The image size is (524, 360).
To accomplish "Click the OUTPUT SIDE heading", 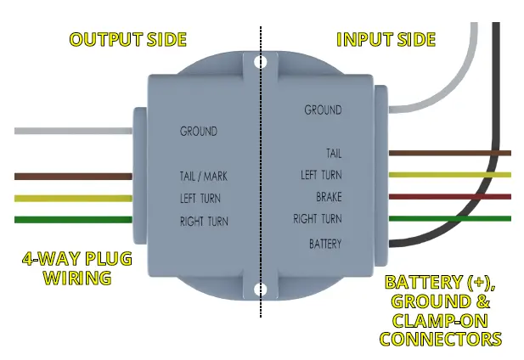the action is coord(127,40).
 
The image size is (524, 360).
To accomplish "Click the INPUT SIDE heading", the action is coord(386,40).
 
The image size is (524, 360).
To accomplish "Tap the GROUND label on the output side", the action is coord(198,132).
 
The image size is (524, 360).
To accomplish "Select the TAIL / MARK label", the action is coord(203,177).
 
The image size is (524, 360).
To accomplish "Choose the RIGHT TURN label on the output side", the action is coord(203,222).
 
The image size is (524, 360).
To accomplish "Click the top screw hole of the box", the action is coord(262,63).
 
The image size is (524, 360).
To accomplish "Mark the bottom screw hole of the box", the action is coord(262,290).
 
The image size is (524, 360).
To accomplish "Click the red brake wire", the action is coord(450,197).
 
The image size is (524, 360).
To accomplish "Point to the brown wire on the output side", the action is coord(72,177).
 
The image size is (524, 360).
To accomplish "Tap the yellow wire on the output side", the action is coord(72,199).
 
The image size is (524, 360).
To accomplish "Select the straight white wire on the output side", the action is coord(72,132).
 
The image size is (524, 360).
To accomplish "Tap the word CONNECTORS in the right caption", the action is coord(440,340).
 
